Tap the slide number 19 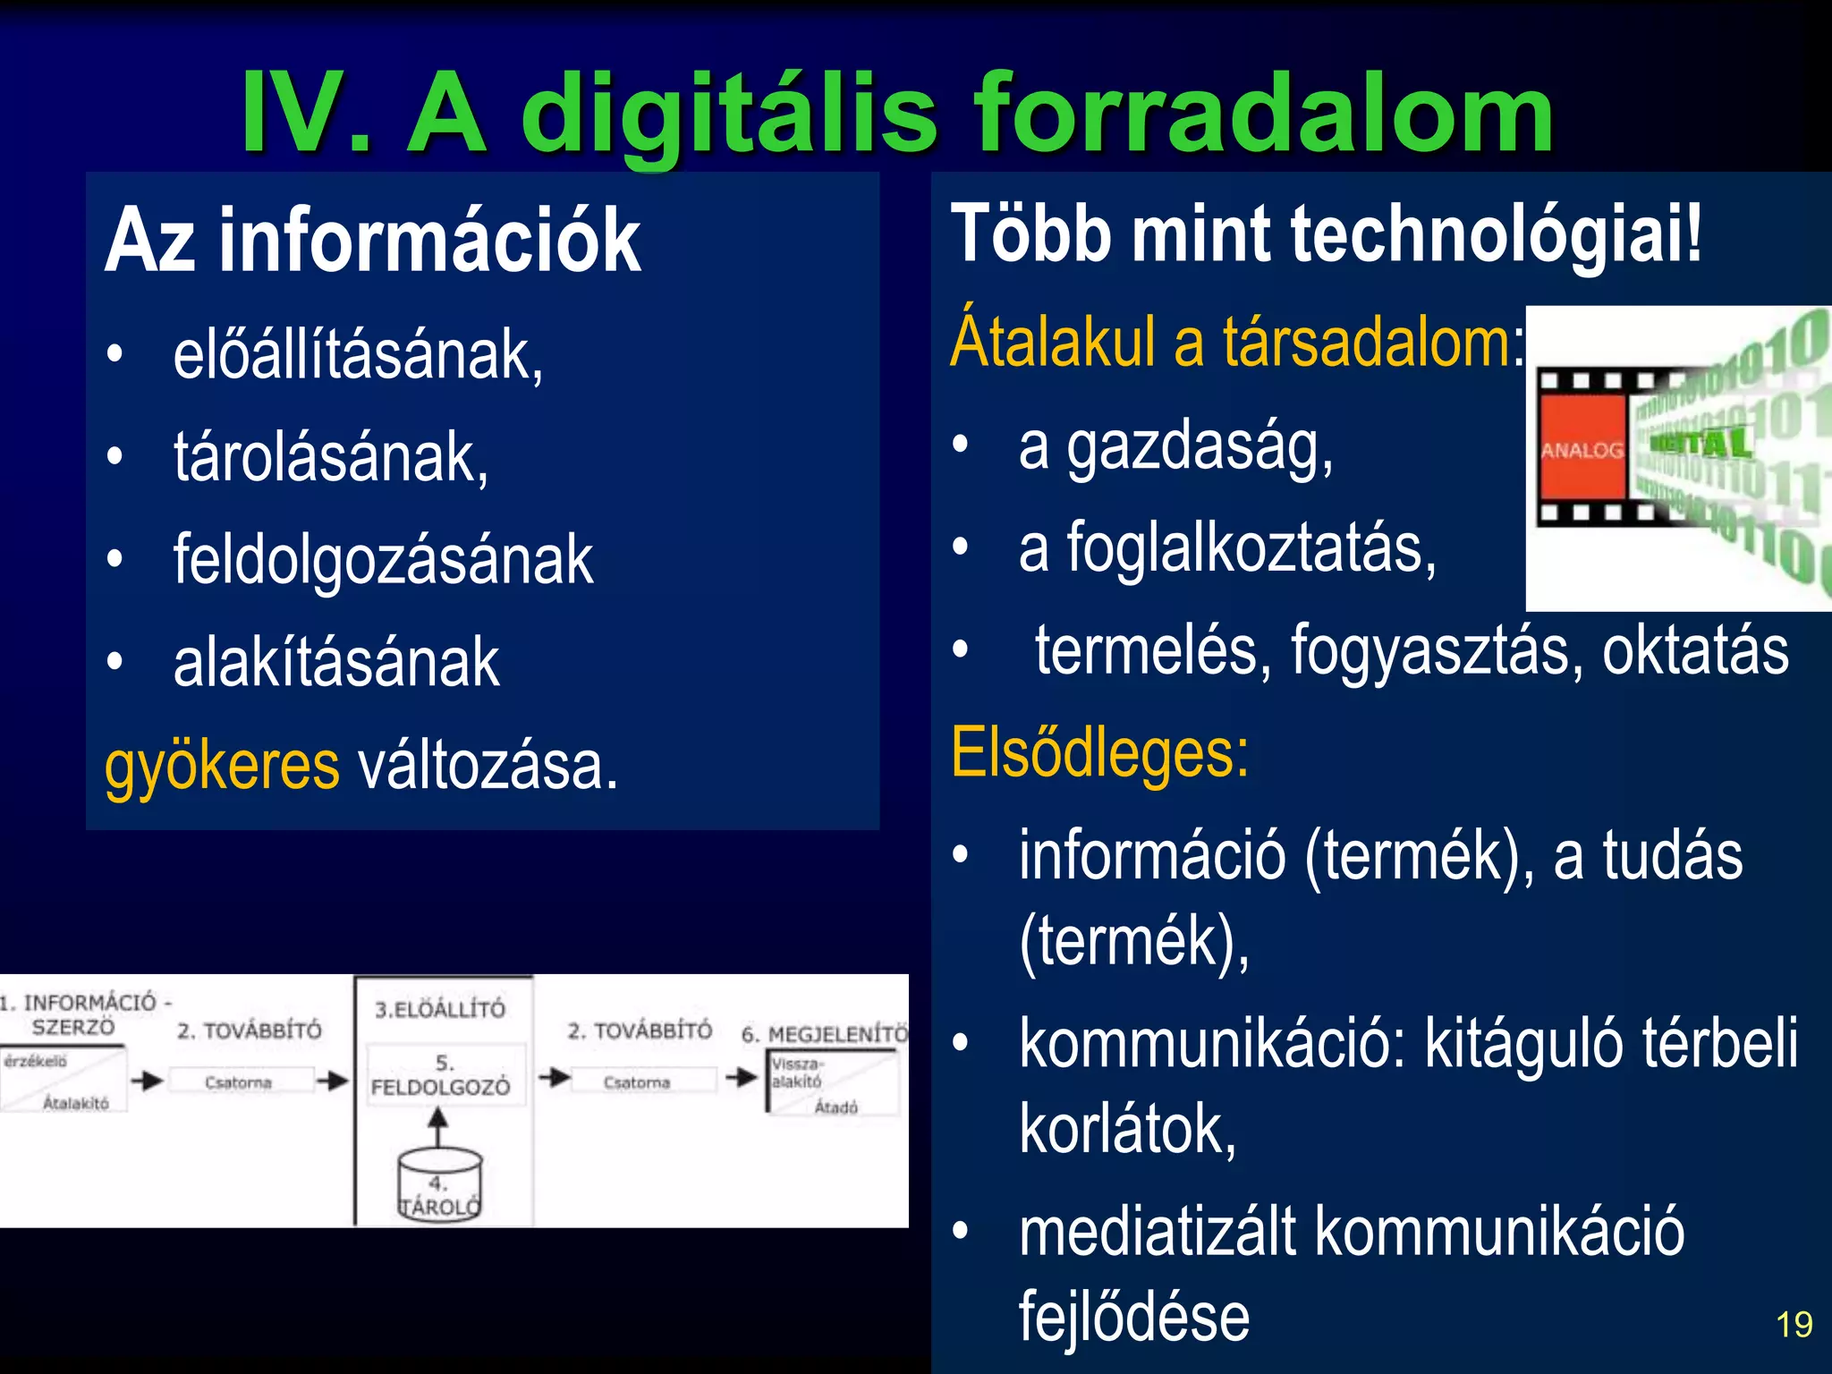[x=1794, y=1325]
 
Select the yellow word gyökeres [x=222, y=766]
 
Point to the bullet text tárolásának [x=331, y=458]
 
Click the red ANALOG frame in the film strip [x=1582, y=449]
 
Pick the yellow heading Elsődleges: [x=1099, y=753]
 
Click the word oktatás [x=1695, y=651]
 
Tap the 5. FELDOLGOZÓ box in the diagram [x=440, y=1076]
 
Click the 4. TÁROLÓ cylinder [x=439, y=1186]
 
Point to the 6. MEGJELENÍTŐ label [x=824, y=1035]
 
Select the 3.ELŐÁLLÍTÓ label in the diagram [x=440, y=1010]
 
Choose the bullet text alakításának [x=336, y=663]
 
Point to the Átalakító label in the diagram [x=76, y=1104]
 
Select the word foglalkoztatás [x=1251, y=548]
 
